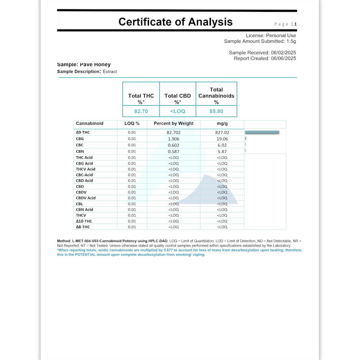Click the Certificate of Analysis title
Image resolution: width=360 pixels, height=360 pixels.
click(x=175, y=22)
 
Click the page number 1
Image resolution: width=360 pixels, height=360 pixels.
click(x=296, y=24)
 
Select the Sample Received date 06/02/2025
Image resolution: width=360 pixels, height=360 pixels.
click(x=283, y=53)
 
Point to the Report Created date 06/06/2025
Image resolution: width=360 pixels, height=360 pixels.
click(x=283, y=58)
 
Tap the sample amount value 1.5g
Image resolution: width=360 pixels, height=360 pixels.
click(x=291, y=41)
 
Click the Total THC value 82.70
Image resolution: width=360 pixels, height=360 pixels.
click(x=141, y=111)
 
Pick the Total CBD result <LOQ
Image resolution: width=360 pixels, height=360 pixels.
click(x=177, y=111)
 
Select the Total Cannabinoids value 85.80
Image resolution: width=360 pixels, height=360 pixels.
click(x=216, y=111)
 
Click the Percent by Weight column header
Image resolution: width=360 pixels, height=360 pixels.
click(x=174, y=123)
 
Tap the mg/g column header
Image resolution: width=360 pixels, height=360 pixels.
click(x=222, y=123)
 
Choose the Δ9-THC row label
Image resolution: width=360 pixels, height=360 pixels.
click(x=83, y=132)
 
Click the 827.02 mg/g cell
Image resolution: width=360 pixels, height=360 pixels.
click(x=222, y=132)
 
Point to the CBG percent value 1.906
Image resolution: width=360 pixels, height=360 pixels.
click(x=174, y=139)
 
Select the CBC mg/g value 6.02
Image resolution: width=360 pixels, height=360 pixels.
click(x=222, y=145)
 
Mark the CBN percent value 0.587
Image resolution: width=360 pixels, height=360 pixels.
click(x=174, y=152)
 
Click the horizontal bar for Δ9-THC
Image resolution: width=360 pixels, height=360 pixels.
click(x=262, y=132)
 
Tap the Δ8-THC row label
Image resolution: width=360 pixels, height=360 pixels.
click(x=83, y=227)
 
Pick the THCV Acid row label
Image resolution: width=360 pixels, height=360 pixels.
click(x=86, y=169)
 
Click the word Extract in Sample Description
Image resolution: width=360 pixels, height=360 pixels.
click(x=110, y=72)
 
